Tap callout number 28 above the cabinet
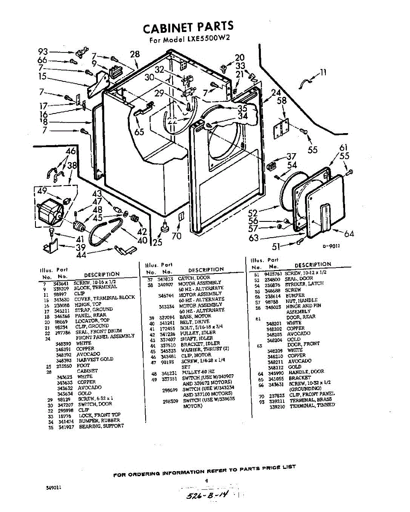pyautogui.click(x=135, y=54)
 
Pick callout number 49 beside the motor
pyautogui.click(x=42, y=192)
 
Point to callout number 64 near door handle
pyautogui.click(x=349, y=233)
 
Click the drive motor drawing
pyautogui.click(x=49, y=212)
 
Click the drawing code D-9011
pyautogui.click(x=331, y=246)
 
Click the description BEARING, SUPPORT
pyautogui.click(x=101, y=426)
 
